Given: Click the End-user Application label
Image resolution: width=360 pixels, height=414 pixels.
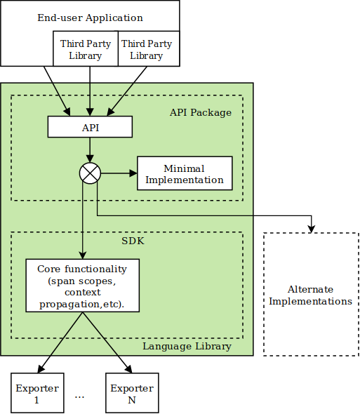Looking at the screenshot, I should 90,18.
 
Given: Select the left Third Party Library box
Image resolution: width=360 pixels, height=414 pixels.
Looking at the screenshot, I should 85,49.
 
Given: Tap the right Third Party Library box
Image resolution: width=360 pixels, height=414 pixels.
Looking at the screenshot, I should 146,49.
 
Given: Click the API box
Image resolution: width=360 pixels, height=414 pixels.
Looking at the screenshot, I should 90,127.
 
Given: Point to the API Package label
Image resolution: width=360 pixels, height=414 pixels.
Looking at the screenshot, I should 200,112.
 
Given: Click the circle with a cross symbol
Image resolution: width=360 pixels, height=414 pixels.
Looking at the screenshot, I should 90,173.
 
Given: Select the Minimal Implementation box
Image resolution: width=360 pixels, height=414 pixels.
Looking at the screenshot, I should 184,174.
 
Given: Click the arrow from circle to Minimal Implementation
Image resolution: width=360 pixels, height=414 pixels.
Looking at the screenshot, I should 118,173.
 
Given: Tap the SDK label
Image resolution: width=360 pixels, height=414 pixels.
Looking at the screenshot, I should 133,241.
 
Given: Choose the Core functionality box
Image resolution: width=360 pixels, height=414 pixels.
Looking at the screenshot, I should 82,286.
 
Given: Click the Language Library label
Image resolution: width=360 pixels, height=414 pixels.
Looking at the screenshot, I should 187,346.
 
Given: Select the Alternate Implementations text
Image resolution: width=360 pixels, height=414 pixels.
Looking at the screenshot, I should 310,295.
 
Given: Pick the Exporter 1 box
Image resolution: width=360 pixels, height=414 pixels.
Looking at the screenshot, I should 37,394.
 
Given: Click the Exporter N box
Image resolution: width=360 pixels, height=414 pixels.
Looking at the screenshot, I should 132,394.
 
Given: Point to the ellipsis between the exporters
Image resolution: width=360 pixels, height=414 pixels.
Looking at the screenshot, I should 79,396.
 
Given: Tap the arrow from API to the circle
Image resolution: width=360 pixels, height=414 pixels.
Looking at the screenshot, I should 90,149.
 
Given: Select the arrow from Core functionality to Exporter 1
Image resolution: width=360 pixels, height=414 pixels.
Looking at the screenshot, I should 60,342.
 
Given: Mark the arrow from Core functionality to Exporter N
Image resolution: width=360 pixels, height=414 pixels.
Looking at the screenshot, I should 107,342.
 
